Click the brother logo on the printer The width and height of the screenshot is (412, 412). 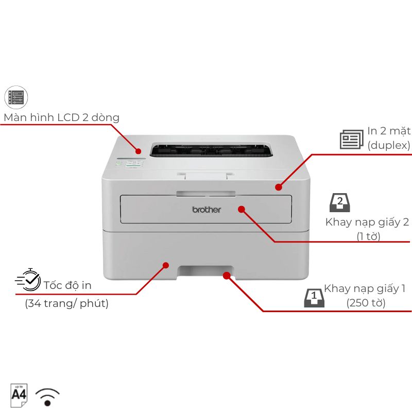[207, 210]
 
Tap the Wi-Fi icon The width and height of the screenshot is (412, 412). [47, 397]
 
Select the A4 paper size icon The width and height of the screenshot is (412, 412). [19, 395]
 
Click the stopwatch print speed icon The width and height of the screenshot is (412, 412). [28, 280]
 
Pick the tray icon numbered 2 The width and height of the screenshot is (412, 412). [340, 202]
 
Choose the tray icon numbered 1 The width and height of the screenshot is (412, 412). [314, 298]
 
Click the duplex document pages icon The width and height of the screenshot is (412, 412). [352, 139]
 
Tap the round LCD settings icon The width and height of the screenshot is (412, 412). [16, 97]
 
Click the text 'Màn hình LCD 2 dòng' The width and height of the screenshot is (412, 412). [61, 117]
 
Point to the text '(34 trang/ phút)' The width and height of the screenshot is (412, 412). [67, 303]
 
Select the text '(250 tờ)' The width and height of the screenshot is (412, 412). [366, 303]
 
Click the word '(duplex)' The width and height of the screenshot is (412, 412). [389, 145]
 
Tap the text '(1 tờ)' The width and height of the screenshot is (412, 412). [368, 236]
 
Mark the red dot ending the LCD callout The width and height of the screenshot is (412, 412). [138, 151]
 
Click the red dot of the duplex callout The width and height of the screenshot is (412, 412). [279, 187]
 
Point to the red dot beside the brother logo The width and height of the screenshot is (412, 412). [242, 209]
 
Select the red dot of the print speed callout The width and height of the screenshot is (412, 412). [165, 265]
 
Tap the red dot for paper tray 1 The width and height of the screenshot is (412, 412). [227, 276]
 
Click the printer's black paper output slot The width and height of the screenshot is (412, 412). [211, 150]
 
